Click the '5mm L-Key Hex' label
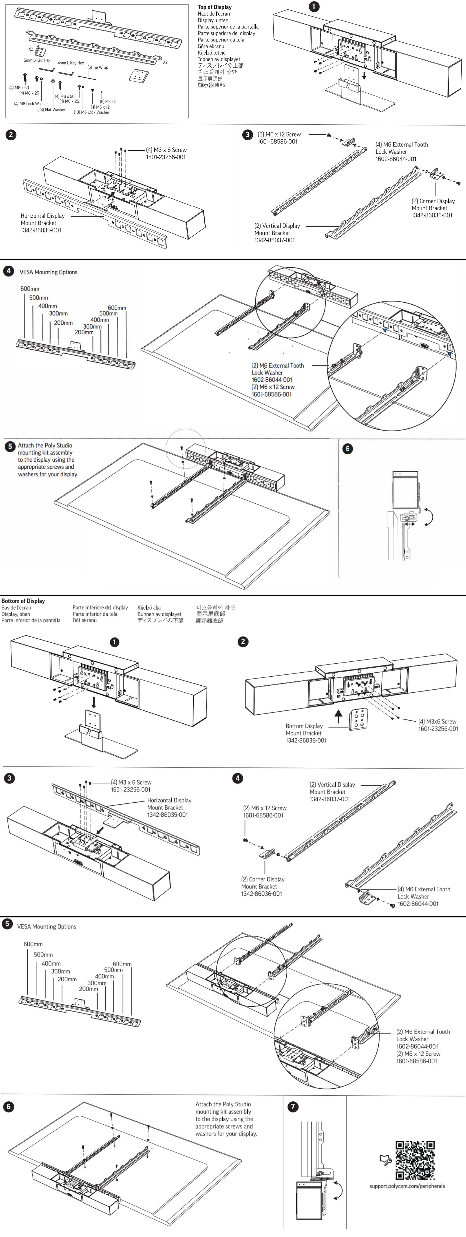[37, 61]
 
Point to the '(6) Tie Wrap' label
[98, 67]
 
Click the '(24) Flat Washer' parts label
[51, 110]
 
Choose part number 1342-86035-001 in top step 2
[41, 230]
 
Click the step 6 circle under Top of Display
[348, 449]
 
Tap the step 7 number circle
[293, 1107]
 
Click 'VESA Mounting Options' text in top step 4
[48, 272]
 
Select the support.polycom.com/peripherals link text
[407, 1186]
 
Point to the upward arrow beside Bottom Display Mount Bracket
[338, 717]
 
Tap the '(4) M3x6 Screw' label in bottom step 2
[437, 721]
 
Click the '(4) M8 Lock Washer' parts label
[31, 104]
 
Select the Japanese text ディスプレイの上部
[220, 65]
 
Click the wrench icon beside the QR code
[386, 1160]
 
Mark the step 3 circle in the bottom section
[9, 778]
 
